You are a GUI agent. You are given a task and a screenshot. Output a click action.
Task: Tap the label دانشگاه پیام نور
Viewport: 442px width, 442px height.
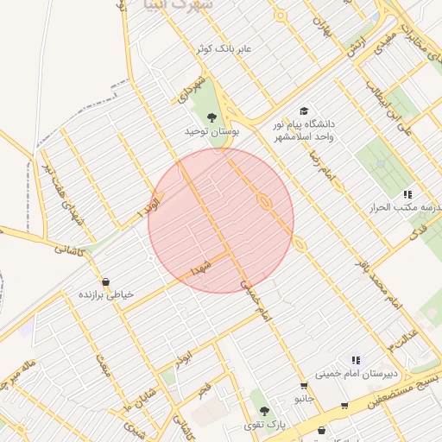pos(306,124)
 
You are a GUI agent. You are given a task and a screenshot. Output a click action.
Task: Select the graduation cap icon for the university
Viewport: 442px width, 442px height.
pos(302,110)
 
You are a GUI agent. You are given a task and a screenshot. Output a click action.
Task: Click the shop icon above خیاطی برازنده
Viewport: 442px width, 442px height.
pos(105,281)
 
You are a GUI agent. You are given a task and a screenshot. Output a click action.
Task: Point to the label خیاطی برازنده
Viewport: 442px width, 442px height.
pos(107,294)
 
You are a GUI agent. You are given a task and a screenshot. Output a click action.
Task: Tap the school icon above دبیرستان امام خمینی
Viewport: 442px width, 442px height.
pos(355,360)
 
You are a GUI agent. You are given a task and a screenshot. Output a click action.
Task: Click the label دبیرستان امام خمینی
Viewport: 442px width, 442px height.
pos(348,374)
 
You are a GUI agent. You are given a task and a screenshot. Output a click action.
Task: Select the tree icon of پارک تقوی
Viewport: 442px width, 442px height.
pos(263,411)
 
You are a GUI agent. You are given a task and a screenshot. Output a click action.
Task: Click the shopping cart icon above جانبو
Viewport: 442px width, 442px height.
pos(304,386)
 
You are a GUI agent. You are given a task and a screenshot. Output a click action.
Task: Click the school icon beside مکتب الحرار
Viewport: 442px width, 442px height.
pos(407,194)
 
